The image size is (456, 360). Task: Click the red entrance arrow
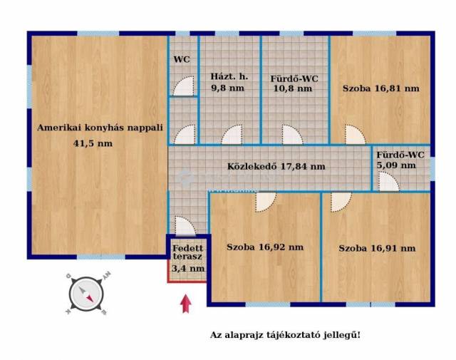point(186,304)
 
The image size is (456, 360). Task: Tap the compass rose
point(86,294)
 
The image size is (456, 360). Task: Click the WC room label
point(182,59)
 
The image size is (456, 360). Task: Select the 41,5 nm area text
point(93,143)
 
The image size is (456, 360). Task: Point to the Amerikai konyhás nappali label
point(100,128)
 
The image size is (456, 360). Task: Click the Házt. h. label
point(229,76)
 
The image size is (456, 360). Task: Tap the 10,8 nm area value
point(293,88)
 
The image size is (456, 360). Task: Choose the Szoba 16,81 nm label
point(381,88)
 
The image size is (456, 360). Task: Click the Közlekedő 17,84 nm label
point(276,167)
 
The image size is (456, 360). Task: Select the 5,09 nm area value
point(396,165)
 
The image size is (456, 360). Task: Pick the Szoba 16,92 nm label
point(265,247)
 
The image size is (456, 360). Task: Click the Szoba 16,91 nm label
point(377,248)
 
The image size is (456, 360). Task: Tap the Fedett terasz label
point(188,252)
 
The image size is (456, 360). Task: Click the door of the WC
point(184,86)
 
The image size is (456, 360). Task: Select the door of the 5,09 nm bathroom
point(389,182)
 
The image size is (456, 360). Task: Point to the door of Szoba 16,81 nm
point(355,135)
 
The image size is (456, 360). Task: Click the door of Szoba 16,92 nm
point(266,202)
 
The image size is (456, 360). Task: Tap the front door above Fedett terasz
point(185,225)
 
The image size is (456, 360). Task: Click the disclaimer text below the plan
point(285,335)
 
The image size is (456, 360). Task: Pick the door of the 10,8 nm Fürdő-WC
point(293,135)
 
